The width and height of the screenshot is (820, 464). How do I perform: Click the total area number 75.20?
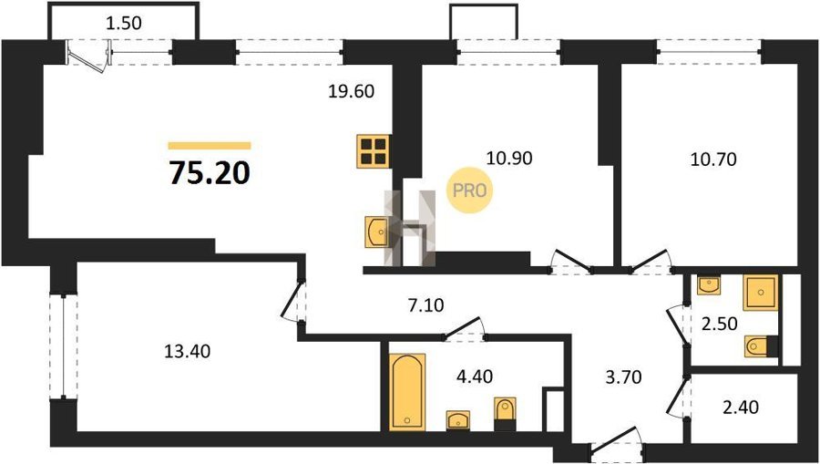pyautogui.click(x=210, y=173)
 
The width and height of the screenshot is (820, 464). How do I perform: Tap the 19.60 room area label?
pyautogui.click(x=352, y=92)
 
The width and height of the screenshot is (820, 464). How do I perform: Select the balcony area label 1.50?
pyautogui.click(x=123, y=24)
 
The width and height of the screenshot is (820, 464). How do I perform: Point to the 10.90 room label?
pyautogui.click(x=508, y=158)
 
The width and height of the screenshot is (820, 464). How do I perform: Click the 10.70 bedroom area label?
pyautogui.click(x=713, y=159)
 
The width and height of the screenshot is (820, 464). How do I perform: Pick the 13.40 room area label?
pyautogui.click(x=187, y=352)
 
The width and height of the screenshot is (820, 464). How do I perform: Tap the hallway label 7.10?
pyautogui.click(x=425, y=305)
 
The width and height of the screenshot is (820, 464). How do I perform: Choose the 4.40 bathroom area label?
pyautogui.click(x=475, y=376)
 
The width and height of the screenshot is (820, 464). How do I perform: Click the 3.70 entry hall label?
pyautogui.click(x=622, y=376)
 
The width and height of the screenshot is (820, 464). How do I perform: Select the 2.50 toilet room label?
pyautogui.click(x=719, y=325)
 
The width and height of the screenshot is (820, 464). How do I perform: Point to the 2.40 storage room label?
pyautogui.click(x=740, y=407)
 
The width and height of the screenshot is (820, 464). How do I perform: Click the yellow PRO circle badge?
pyautogui.click(x=469, y=191)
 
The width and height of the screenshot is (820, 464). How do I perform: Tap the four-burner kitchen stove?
pyautogui.click(x=373, y=151)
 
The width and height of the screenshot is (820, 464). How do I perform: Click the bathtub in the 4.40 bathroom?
pyautogui.click(x=407, y=392)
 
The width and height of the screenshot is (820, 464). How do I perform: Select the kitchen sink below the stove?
pyautogui.click(x=377, y=232)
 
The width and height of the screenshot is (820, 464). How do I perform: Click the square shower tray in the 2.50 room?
pyautogui.click(x=761, y=293)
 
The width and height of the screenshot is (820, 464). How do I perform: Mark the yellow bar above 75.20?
pyautogui.click(x=210, y=146)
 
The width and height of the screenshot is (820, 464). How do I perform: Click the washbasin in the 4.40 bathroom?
pyautogui.click(x=457, y=420)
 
